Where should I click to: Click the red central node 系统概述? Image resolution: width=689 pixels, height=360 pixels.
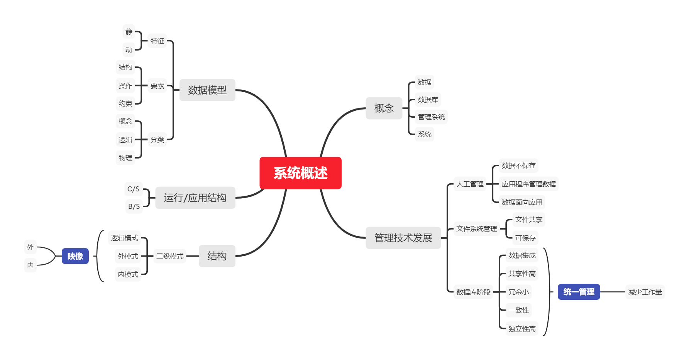[x=300, y=173]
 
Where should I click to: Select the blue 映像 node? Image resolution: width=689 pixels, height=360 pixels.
[x=75, y=256]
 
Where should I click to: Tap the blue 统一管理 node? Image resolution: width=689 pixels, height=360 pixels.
[x=579, y=292]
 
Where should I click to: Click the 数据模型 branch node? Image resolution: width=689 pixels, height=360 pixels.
[x=207, y=90]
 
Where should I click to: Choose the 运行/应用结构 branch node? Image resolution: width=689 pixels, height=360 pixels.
[x=195, y=198]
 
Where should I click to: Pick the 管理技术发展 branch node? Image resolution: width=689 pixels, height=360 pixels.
[x=403, y=238]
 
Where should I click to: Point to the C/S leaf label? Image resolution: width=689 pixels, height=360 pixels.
[x=134, y=189]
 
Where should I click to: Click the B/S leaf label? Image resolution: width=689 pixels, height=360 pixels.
[x=134, y=206]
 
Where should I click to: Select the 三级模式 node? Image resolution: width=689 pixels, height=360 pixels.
[x=170, y=256]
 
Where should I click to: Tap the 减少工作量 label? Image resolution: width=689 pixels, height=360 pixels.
[x=645, y=292]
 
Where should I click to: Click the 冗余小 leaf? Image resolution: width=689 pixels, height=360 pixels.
[x=518, y=292]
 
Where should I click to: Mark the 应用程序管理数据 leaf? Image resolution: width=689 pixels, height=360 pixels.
[x=528, y=184]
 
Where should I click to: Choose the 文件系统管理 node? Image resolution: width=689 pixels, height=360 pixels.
[x=476, y=229]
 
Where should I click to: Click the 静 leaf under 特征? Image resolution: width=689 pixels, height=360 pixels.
[x=129, y=32]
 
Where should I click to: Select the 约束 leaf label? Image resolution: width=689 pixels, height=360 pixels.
[x=125, y=103]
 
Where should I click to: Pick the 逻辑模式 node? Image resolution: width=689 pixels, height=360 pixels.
[x=124, y=238]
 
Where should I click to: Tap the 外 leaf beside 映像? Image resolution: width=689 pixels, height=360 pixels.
[x=30, y=247]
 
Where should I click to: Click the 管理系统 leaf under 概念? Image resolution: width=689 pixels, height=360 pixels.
[x=431, y=117]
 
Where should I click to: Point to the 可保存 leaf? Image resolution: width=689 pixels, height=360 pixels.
[x=525, y=238]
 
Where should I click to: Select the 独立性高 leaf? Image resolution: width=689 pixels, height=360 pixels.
[x=522, y=329]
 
